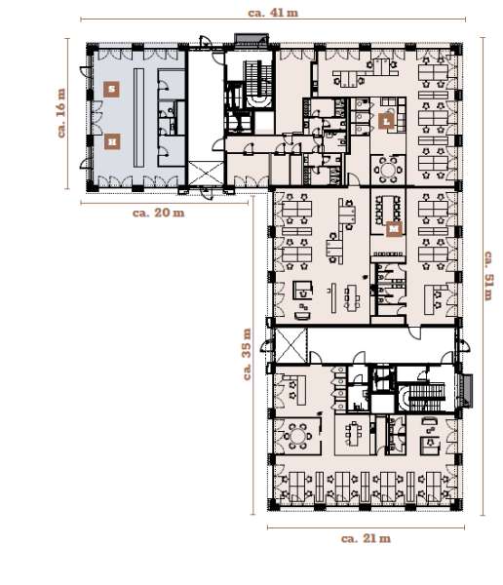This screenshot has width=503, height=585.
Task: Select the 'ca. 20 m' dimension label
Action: click(x=156, y=213)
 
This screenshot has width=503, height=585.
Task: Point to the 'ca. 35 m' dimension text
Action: click(x=251, y=356)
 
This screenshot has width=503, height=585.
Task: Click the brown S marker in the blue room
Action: click(x=113, y=89)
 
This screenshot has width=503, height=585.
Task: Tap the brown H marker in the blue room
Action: click(x=113, y=140)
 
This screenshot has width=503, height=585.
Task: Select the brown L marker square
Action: click(x=387, y=122)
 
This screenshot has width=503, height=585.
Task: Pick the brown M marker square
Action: click(x=393, y=230)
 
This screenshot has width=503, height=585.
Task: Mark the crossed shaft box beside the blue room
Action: click(x=207, y=175)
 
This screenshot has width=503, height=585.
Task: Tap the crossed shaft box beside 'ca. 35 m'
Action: click(x=290, y=344)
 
